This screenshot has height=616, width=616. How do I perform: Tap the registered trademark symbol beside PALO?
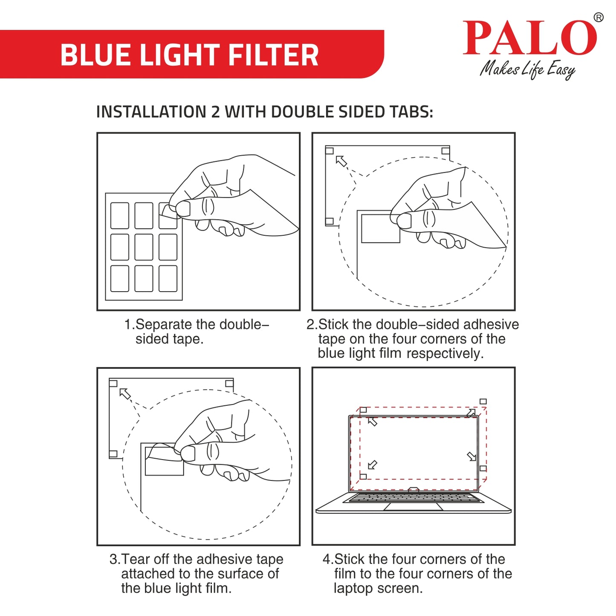point(599,17)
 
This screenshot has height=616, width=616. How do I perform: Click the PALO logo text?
point(529,38)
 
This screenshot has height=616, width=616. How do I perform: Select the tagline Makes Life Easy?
point(527,69)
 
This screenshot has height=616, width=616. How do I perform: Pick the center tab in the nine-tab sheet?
point(144,247)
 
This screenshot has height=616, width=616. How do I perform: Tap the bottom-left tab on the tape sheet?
point(120,279)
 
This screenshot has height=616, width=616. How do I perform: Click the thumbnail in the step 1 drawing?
point(183,208)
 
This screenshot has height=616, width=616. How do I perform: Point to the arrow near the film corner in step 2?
point(341,161)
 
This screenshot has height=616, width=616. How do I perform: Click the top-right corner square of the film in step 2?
point(445,151)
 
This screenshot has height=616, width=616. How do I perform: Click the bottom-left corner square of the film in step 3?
point(113,454)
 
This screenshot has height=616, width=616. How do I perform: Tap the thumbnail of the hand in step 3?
point(188,454)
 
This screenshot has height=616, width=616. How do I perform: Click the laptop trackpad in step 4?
point(413,506)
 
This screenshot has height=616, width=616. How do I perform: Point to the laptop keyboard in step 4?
point(413,497)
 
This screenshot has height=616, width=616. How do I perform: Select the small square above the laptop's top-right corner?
point(483,402)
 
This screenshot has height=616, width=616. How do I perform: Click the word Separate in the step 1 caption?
point(163,325)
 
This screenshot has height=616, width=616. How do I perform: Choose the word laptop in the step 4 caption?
point(353,588)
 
